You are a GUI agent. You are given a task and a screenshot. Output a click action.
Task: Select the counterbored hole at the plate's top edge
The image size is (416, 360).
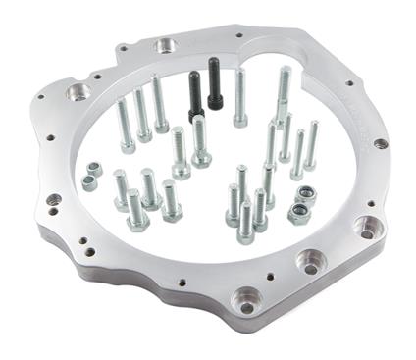pos(166,45)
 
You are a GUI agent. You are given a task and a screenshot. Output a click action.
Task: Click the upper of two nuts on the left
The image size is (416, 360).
pos(95,169)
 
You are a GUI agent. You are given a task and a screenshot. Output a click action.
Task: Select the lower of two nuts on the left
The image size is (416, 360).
pos(89,182)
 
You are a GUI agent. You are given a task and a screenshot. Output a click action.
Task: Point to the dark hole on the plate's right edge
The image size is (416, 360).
pos(381,144)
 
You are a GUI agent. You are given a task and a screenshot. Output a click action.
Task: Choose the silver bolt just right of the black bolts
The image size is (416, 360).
pos(240,98)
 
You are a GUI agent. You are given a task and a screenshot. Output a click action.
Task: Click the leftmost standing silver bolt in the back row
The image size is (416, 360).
pos(125,126)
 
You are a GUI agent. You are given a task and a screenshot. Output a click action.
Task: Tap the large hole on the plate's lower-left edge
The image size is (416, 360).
pos(53,200)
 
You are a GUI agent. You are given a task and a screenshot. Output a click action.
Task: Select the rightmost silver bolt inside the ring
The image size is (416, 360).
pos(311,145)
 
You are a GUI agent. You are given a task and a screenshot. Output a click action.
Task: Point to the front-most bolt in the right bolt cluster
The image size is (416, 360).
pos(245,222)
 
